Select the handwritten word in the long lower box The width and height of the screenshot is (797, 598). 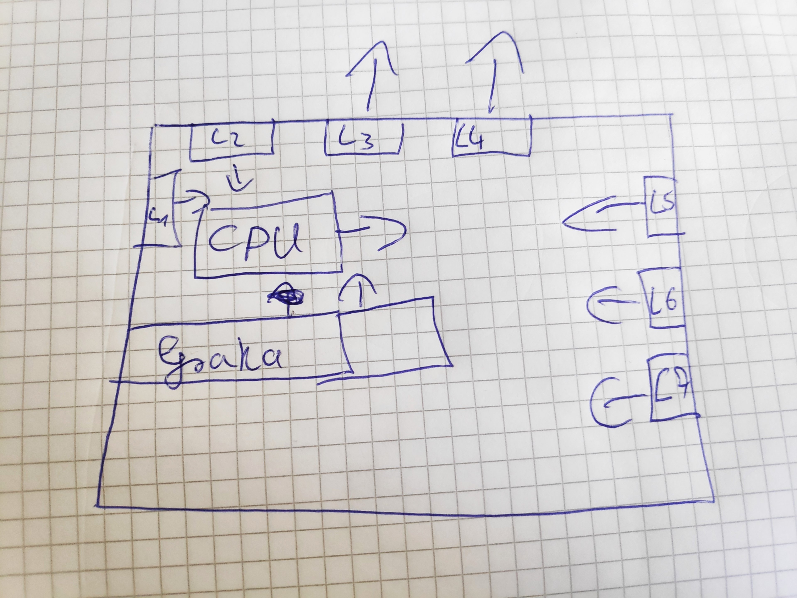(x=220, y=358)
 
